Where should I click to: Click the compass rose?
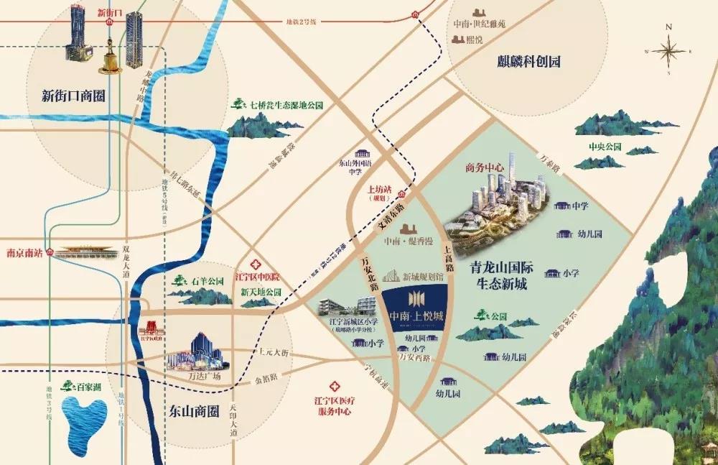point(668,51)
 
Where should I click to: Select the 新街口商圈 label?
point(74,96)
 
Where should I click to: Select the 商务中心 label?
point(481,168)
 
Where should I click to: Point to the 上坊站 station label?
point(379,190)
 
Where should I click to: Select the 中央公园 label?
point(604,147)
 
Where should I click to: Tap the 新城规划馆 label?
point(419,276)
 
